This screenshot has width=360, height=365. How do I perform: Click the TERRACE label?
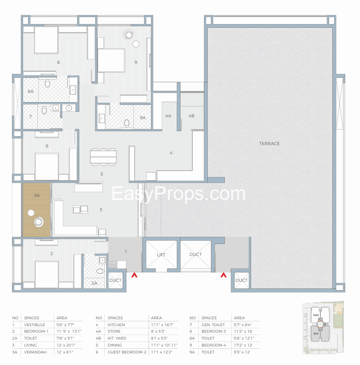pos(269,144)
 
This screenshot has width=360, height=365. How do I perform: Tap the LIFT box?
pos(161,254)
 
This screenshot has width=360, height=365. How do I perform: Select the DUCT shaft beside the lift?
pos(195,254)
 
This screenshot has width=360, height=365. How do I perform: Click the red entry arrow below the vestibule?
pos(134,275)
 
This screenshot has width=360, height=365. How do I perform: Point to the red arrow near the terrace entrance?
pos(224,275)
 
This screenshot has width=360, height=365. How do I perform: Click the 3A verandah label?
pos(36,195)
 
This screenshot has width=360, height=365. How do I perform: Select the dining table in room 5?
pos(103,157)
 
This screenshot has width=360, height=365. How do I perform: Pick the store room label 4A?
pos(168,116)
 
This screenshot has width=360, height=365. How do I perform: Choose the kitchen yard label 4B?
pos(191,116)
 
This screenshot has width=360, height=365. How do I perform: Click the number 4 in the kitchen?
pos(171,152)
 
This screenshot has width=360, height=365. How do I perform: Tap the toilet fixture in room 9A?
pos(126,123)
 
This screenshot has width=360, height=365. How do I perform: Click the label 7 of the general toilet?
pos(30,117)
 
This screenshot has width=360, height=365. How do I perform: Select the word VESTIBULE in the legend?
pos(34,325)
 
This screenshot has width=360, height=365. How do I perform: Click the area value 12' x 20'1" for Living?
pos(65,345)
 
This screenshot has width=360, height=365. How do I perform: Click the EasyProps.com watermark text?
pos(179,194)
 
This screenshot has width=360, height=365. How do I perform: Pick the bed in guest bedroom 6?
pos(47,166)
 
